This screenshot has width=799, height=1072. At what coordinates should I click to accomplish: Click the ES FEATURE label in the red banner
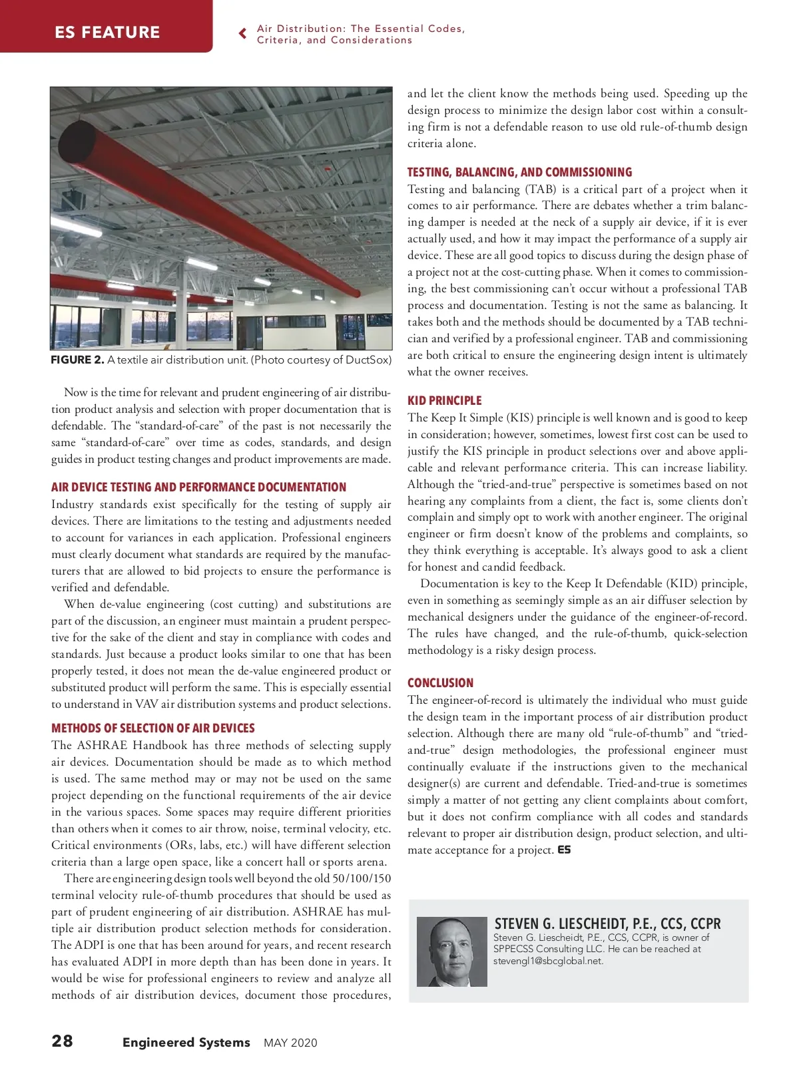coord(107,32)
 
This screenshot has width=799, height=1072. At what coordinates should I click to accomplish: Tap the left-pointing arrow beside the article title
coord(243,33)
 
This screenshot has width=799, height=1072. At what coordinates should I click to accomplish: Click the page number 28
coord(63,1041)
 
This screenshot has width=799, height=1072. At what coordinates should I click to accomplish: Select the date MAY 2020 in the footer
coord(290,1043)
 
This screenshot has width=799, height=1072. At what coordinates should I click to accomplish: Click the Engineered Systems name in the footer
coord(186,1043)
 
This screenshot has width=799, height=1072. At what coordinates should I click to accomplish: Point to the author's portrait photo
coord(451,951)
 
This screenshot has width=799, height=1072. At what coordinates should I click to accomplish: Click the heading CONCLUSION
coord(440,682)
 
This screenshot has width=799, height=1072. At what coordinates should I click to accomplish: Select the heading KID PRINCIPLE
coord(444,400)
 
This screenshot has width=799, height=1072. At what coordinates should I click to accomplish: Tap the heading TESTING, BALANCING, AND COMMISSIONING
coord(519,172)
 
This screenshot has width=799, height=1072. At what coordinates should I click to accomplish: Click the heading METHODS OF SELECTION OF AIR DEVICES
coord(152,728)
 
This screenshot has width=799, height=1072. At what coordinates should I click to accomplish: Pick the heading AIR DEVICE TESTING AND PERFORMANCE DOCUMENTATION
coord(198,487)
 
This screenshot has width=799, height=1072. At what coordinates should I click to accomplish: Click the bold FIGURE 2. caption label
coord(77,360)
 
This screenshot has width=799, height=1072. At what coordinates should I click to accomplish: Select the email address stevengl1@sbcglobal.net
coord(548,961)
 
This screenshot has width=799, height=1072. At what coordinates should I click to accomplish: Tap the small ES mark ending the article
coord(564,850)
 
